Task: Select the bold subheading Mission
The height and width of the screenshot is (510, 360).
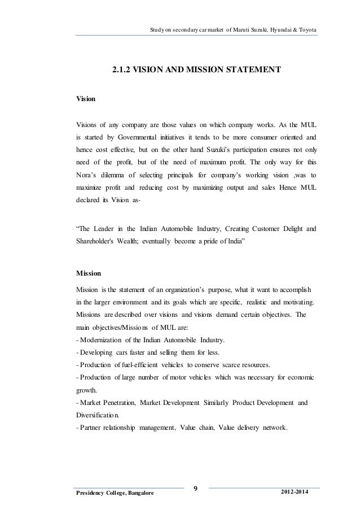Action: pyautogui.click(x=88, y=273)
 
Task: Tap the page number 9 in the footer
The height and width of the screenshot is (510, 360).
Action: pyautogui.click(x=195, y=488)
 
